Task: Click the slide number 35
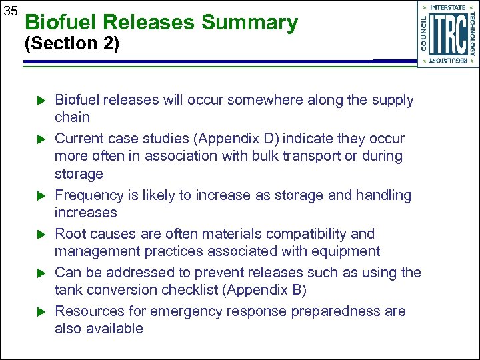click(x=11, y=11)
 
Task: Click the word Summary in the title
click(x=249, y=23)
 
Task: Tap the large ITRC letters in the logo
click(x=447, y=34)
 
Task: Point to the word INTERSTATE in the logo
click(x=447, y=7)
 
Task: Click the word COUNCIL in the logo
click(x=425, y=34)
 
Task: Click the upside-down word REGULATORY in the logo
click(x=447, y=60)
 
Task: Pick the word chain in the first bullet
click(x=72, y=117)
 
